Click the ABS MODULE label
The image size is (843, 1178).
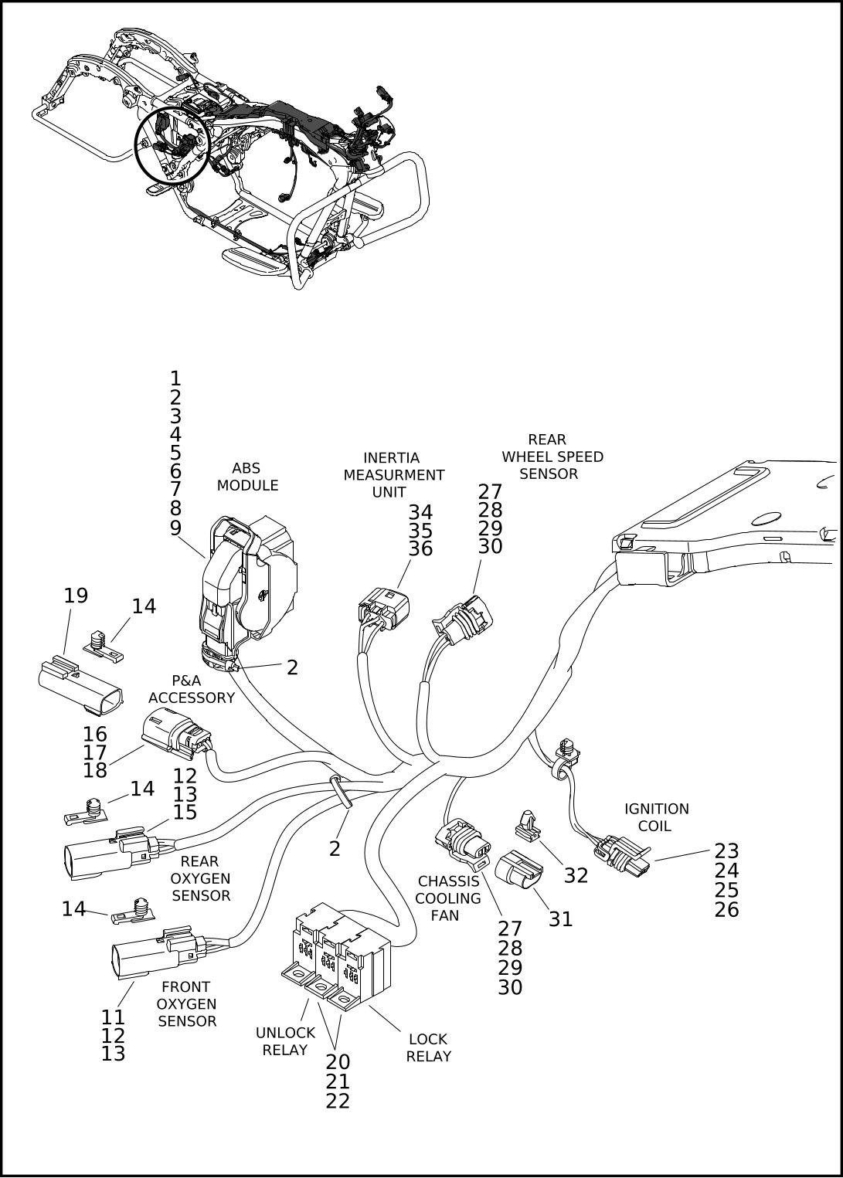pos(247,477)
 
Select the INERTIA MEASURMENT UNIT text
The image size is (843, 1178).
pos(393,475)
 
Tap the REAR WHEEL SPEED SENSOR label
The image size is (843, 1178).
pos(552,457)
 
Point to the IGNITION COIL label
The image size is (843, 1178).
pos(656,817)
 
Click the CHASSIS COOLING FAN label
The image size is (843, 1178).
pos(448,898)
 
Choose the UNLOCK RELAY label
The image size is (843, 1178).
pos(285,1041)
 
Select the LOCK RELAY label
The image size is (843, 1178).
pos(428,1047)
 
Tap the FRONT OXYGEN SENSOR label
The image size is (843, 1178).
pos(186,1003)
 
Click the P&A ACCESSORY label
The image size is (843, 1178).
pos(191,689)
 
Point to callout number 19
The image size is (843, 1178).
pos(76,596)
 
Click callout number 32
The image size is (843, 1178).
pos(576,875)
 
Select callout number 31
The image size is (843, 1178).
pos(560,918)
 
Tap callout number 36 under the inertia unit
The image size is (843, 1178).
pos(420,549)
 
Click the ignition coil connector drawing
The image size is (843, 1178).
pos(622,855)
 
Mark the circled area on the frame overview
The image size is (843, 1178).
pos(169,146)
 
